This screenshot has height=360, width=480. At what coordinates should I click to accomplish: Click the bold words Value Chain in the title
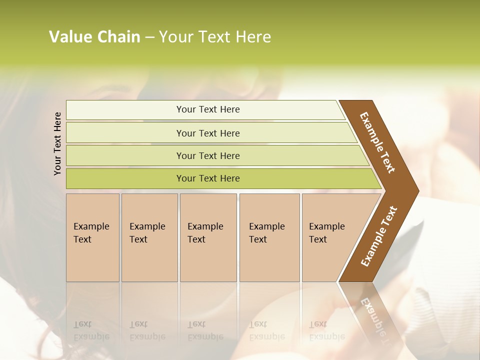point(94,37)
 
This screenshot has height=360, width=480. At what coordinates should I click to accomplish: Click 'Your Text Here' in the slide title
point(215,37)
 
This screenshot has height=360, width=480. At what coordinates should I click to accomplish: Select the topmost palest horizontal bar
point(207,109)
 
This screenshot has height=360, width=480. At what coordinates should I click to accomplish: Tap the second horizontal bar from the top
point(207,133)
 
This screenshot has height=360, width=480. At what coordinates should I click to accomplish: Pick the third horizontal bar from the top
point(207,155)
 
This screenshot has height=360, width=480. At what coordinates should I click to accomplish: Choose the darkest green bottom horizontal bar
point(207,178)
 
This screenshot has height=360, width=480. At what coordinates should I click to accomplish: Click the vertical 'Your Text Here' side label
point(58,143)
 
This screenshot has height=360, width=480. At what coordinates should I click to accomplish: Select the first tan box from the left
point(92,237)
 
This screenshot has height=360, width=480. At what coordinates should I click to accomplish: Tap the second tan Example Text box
point(149,237)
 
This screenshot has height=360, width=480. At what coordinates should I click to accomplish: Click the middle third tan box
point(208,237)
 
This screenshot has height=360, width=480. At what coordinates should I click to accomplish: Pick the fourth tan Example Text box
point(269,237)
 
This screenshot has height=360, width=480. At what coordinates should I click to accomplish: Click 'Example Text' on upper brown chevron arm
point(377,142)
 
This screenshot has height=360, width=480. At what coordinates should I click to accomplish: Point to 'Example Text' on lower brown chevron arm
point(379,236)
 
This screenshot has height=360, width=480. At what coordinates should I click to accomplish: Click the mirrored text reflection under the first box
point(91,330)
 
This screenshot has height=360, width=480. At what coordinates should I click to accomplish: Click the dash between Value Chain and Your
point(149,37)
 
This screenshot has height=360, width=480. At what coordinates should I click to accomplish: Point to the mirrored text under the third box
point(205,330)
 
